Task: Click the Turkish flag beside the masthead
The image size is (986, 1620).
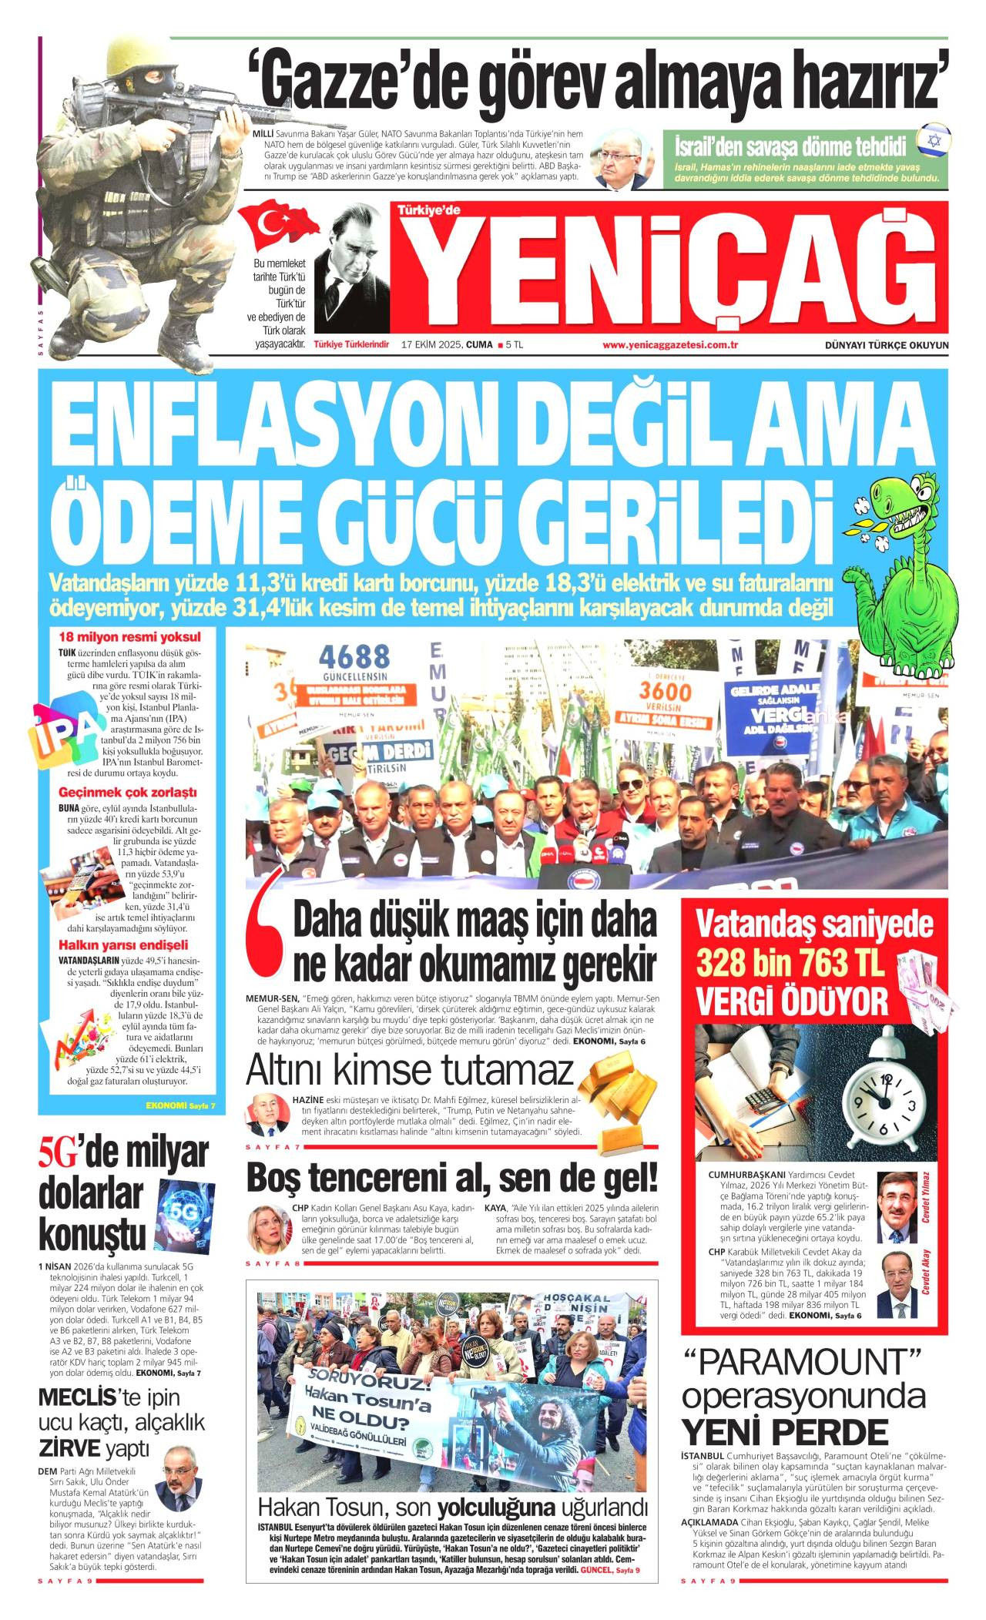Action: tap(276, 223)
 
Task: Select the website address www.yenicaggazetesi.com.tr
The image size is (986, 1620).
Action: tap(670, 345)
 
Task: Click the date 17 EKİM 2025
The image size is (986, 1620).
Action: tap(433, 345)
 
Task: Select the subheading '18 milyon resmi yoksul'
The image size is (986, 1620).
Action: tap(129, 637)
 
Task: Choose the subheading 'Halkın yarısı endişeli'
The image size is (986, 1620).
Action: tap(123, 945)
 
